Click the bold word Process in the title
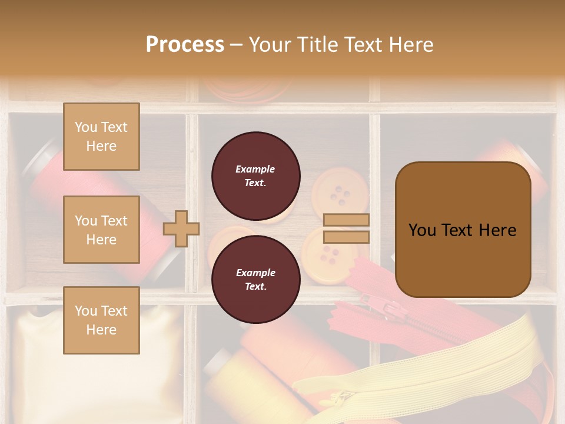185,44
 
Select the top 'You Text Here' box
101,137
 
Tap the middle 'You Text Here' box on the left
101,230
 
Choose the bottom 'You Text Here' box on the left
101,320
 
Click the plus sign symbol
181,228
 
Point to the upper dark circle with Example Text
255,175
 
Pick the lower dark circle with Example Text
255,279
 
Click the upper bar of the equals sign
347,220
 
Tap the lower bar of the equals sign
347,237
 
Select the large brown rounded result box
463,230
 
